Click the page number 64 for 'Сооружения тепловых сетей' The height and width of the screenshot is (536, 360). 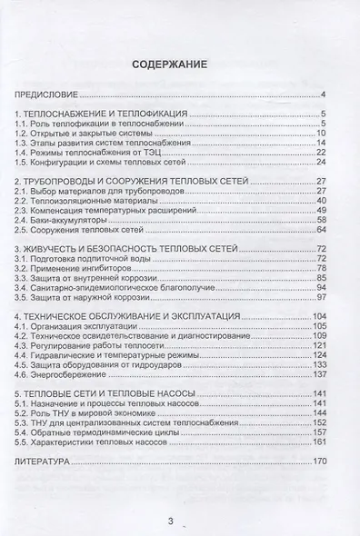320,230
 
